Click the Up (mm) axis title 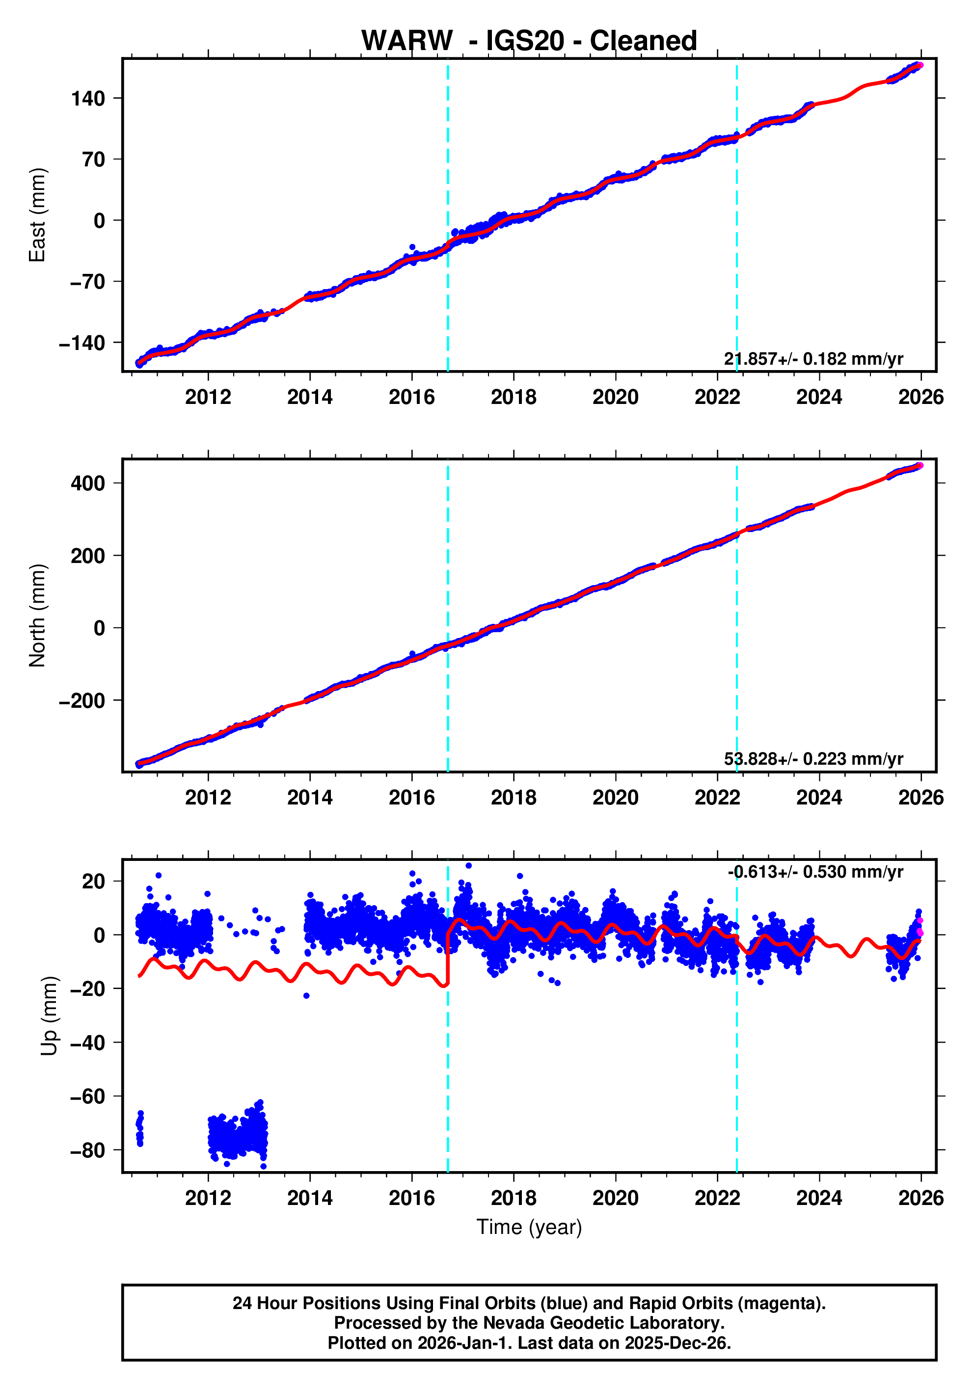[50, 1016]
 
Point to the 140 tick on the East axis [88, 98]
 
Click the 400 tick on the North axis [88, 483]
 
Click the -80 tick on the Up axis [88, 1150]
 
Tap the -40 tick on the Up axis [88, 1043]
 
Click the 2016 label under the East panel [411, 398]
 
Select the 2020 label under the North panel [615, 798]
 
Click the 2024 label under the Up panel [819, 1198]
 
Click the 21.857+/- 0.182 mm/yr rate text [813, 359]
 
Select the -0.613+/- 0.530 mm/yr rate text [815, 872]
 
